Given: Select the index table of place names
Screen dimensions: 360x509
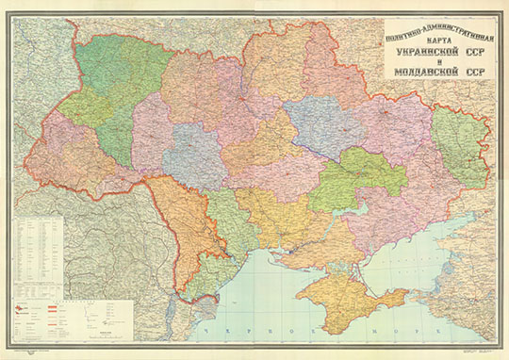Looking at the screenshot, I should tap(39, 246).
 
